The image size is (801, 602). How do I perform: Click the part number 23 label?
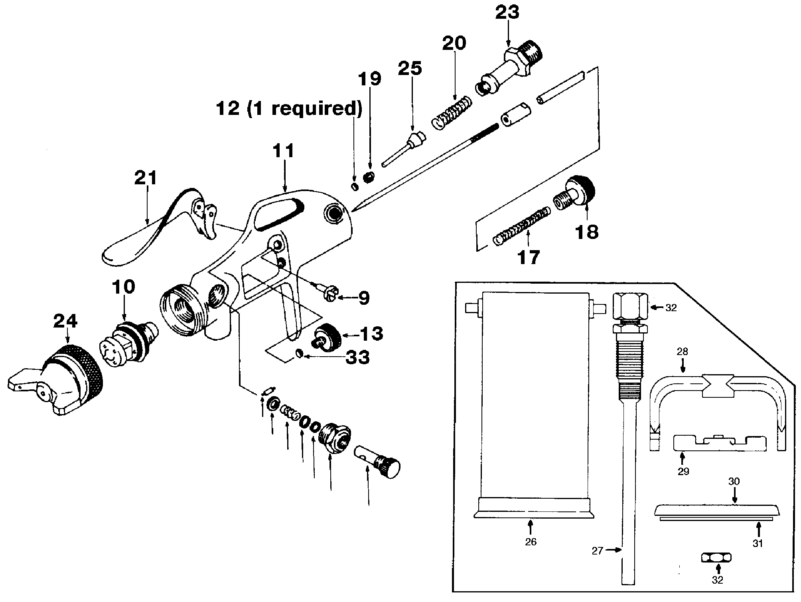coord(507,12)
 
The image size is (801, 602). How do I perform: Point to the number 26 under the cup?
coord(531,542)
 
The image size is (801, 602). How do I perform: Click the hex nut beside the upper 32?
coord(629,308)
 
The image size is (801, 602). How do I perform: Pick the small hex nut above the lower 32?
coord(716,557)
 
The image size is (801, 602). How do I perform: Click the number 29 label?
coord(683,472)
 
